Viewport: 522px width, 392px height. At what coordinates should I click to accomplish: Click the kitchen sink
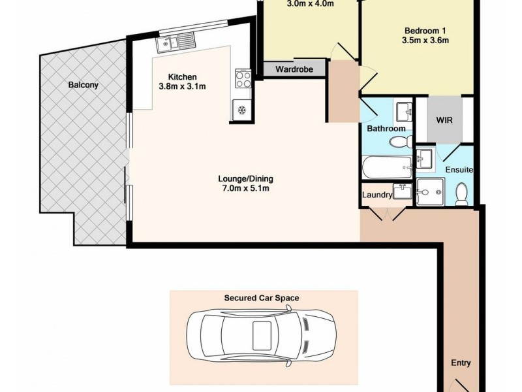pyautogui.click(x=176, y=44)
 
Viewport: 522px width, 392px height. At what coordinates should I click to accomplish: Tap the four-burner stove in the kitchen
pyautogui.click(x=243, y=79)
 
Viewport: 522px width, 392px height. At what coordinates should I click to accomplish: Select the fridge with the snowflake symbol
pyautogui.click(x=240, y=110)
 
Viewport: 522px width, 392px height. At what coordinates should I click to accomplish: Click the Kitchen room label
pyautogui.click(x=183, y=76)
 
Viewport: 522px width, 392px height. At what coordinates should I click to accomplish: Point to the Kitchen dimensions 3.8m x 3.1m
pyautogui.click(x=183, y=87)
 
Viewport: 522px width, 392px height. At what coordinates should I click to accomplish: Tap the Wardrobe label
pyautogui.click(x=294, y=69)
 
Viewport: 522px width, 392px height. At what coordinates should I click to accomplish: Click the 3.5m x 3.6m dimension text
pyautogui.click(x=426, y=41)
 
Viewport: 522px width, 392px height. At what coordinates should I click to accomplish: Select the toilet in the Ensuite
pyautogui.click(x=462, y=194)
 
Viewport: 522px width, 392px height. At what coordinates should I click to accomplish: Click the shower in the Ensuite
pyautogui.click(x=431, y=191)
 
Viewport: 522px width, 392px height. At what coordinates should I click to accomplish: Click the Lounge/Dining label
pyautogui.click(x=245, y=178)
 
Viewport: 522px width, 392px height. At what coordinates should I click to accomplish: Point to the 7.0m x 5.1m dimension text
pyautogui.click(x=245, y=189)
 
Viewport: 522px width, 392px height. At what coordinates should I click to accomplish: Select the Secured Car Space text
pyautogui.click(x=262, y=298)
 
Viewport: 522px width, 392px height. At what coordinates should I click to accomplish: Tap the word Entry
pyautogui.click(x=461, y=363)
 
